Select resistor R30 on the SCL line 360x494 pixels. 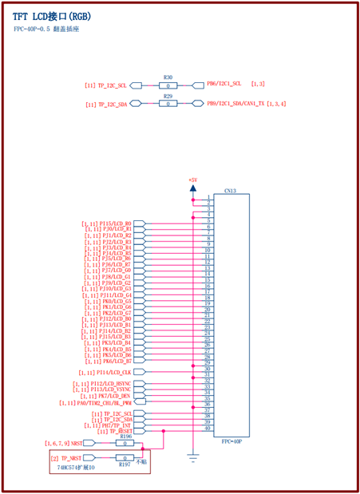[x=168, y=84]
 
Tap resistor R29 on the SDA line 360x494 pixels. [x=168, y=104]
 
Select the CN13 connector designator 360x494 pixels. [x=230, y=192]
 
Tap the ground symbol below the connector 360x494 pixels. [x=192, y=458]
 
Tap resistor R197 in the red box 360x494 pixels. [x=124, y=457]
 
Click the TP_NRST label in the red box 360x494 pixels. [x=73, y=457]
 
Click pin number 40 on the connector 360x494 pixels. [x=208, y=429]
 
